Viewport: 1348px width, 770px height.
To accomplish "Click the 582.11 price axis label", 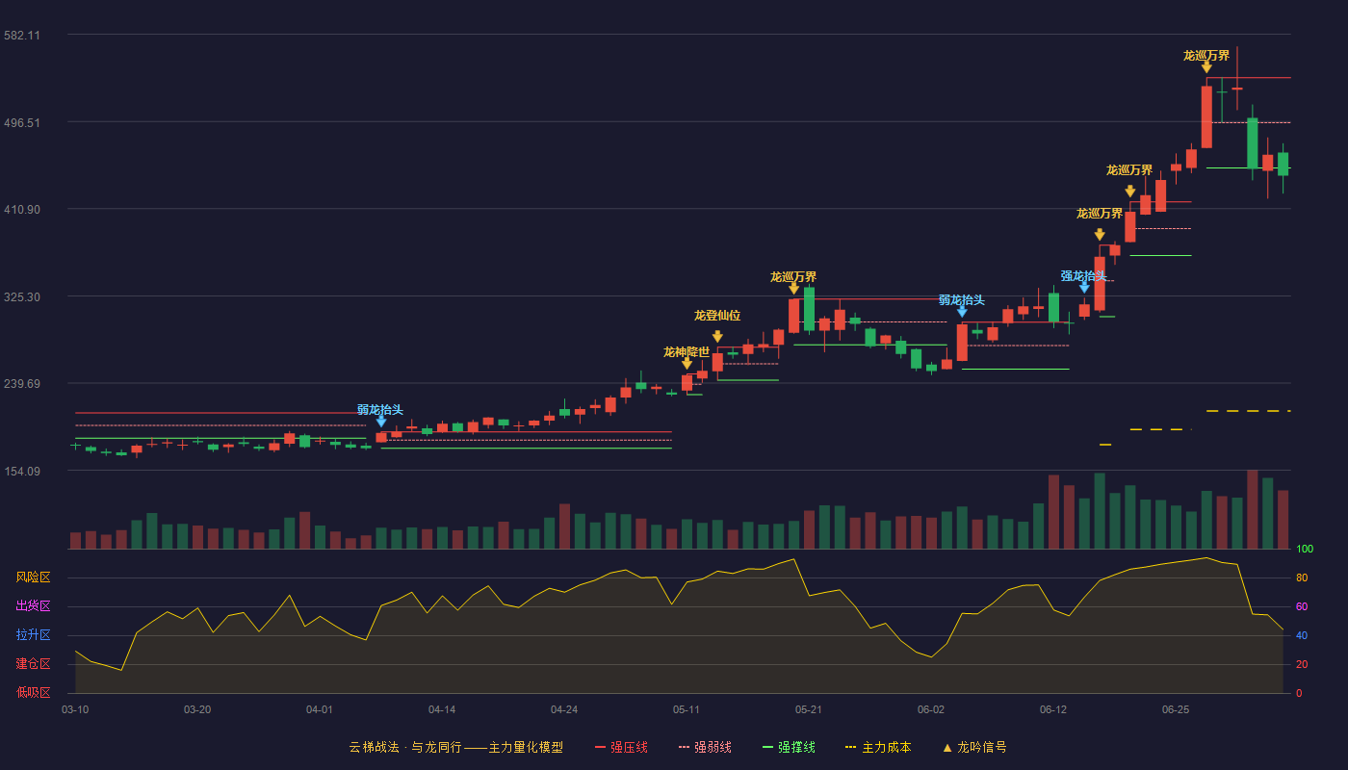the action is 22,36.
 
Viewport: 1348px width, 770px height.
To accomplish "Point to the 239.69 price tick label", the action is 22,384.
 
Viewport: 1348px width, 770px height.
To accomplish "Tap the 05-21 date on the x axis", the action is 808,710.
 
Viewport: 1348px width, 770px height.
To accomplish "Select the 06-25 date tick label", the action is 1176,710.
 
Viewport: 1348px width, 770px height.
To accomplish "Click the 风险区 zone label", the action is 33,577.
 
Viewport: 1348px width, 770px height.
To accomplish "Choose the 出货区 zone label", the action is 33,605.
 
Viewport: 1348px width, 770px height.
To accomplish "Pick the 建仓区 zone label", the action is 33,663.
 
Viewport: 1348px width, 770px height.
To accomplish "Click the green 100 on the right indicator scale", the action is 1305,549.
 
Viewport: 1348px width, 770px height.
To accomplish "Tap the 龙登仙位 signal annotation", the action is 716,316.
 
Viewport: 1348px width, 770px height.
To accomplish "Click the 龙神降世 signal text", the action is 686,352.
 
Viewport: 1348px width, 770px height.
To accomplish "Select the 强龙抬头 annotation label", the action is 1083,276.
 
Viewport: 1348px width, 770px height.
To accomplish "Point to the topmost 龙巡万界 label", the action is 1205,56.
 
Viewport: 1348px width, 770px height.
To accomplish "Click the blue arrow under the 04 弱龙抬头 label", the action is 381,422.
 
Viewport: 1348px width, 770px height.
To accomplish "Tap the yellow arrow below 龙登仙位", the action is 717,336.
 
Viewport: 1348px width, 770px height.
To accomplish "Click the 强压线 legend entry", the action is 621,747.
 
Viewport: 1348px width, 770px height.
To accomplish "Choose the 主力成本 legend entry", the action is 878,747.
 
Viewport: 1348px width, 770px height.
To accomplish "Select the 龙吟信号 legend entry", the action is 974,747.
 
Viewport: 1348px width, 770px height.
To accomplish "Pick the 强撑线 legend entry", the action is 789,747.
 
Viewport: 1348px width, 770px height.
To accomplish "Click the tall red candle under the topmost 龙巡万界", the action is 1206,116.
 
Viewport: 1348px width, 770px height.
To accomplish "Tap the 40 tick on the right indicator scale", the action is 1302,635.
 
